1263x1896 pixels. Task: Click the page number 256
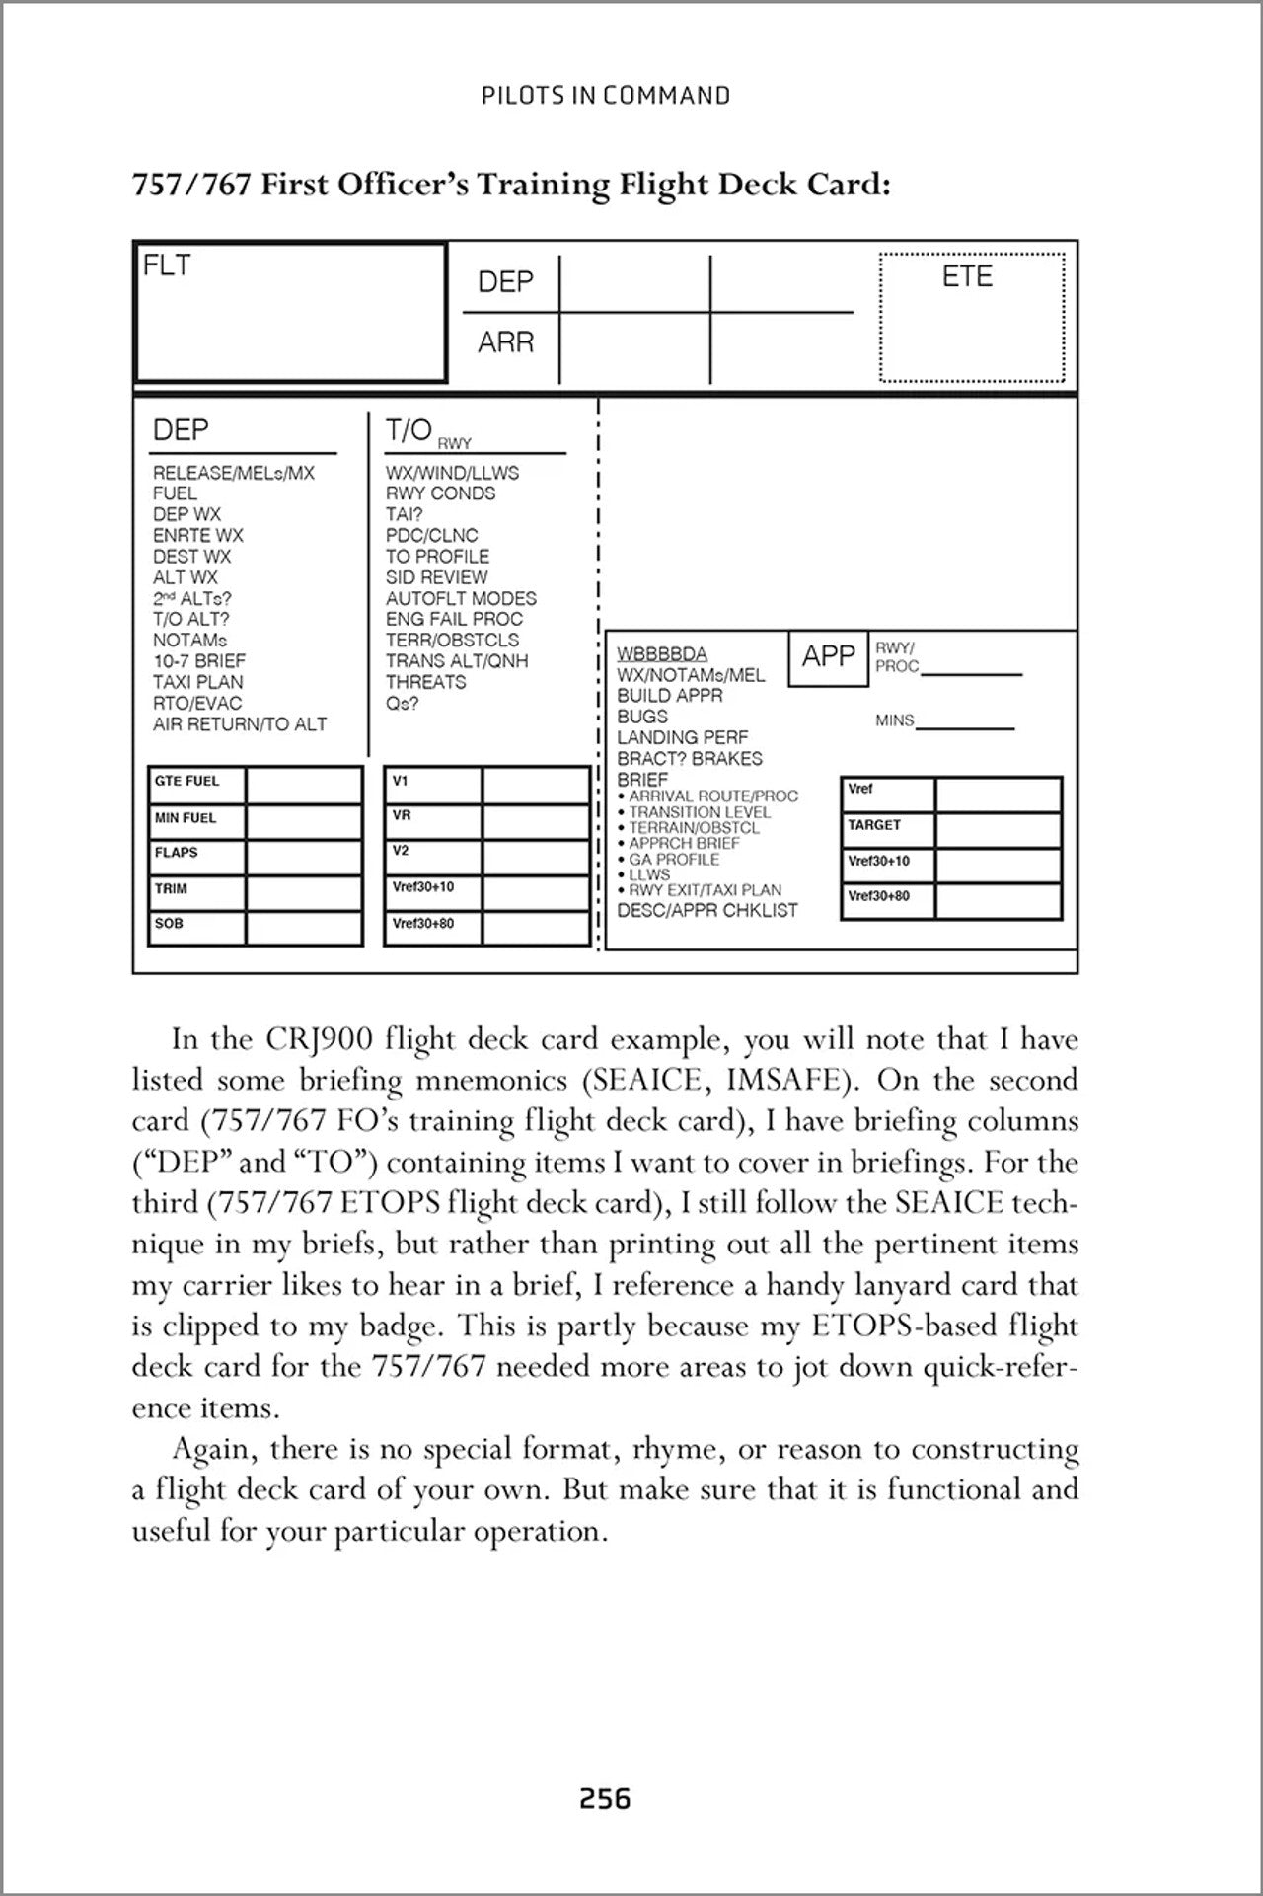(x=604, y=1799)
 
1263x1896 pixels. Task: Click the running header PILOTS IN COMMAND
(x=606, y=96)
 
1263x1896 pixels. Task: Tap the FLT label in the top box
(x=167, y=265)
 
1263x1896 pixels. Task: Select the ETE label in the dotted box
(x=967, y=277)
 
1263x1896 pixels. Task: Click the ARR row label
(x=505, y=342)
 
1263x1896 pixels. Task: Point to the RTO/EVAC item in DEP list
(x=197, y=703)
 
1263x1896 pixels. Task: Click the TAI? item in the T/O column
(x=404, y=514)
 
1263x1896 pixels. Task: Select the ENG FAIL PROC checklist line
(x=454, y=619)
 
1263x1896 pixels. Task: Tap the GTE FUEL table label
(x=186, y=781)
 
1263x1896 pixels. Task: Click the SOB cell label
(x=169, y=924)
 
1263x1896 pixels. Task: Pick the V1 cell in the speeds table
(x=401, y=781)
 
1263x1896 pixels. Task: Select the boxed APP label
(x=828, y=656)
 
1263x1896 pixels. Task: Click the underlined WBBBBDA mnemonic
(x=661, y=654)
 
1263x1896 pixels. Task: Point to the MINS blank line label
(x=895, y=720)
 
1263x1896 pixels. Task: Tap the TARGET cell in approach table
(x=874, y=825)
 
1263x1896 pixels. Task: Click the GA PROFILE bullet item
(x=674, y=859)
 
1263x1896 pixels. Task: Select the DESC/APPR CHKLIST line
(x=706, y=910)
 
